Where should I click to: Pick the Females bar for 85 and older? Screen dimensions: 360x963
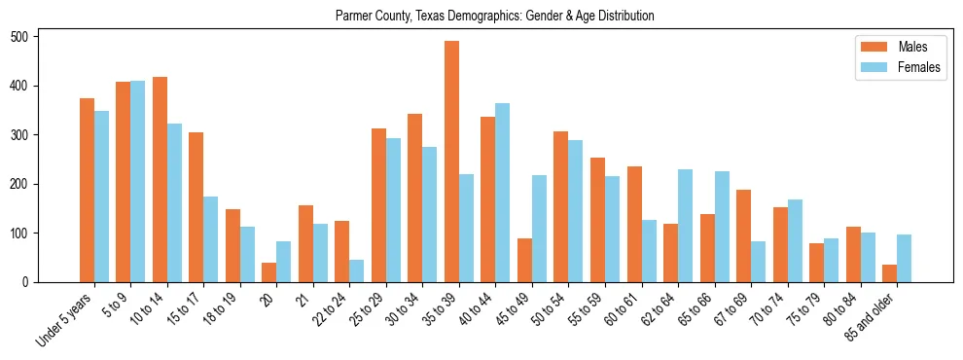pyautogui.click(x=904, y=259)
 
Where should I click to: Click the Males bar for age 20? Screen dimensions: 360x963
pyautogui.click(x=269, y=272)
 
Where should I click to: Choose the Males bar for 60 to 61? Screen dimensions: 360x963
pyautogui.click(x=634, y=225)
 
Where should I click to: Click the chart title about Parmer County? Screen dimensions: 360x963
pyautogui.click(x=494, y=16)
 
